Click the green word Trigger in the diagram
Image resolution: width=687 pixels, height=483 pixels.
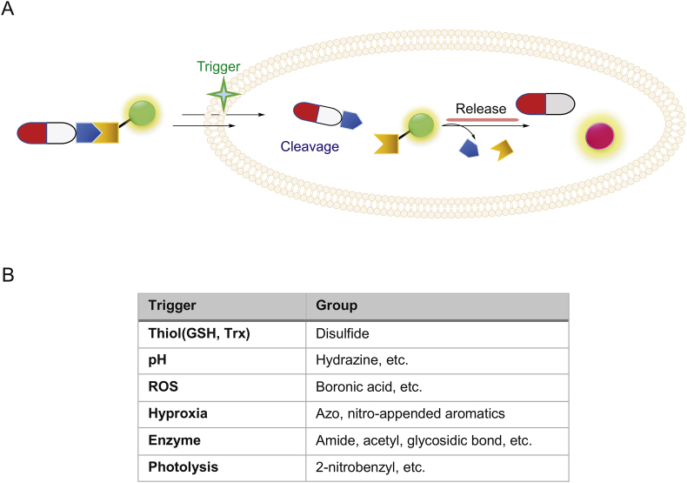[x=217, y=67]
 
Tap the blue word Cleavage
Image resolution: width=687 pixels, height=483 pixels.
[x=310, y=147]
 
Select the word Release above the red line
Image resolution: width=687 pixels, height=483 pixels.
[x=482, y=109]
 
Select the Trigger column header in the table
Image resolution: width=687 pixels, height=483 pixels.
[x=171, y=306]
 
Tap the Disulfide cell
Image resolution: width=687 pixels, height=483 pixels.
[x=341, y=333]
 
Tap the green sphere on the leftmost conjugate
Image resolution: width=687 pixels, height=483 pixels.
[x=143, y=113]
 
